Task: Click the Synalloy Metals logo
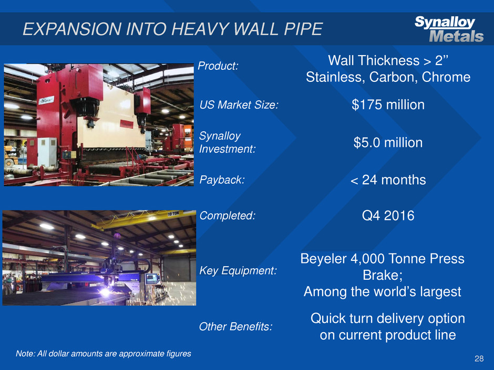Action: pyautogui.click(x=449, y=29)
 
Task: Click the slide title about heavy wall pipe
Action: pyautogui.click(x=173, y=29)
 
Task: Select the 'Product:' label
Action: pyautogui.click(x=218, y=66)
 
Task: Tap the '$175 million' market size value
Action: pyautogui.click(x=388, y=105)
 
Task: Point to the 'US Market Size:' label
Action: pyautogui.click(x=239, y=105)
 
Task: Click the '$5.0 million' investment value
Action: pyautogui.click(x=388, y=143)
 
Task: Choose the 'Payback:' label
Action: pyautogui.click(x=222, y=180)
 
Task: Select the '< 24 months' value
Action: pyautogui.click(x=388, y=180)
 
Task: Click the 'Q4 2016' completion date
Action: pyautogui.click(x=388, y=216)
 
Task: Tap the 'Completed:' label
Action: pyautogui.click(x=227, y=216)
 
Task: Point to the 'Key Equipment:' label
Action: pyautogui.click(x=238, y=271)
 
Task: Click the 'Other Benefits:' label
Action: pyautogui.click(x=235, y=326)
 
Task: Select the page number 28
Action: pyautogui.click(x=479, y=358)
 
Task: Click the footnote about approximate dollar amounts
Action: pyautogui.click(x=104, y=354)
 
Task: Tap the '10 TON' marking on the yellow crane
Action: pyautogui.click(x=173, y=214)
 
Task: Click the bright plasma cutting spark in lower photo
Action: pyautogui.click(x=105, y=292)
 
